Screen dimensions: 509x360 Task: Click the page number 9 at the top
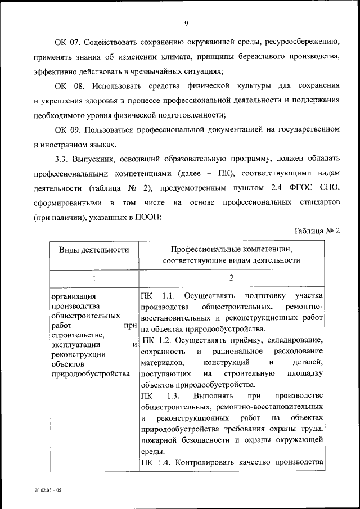(x=186, y=23)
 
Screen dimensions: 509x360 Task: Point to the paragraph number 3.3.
(x=61, y=159)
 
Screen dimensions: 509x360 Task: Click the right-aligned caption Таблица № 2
(x=317, y=231)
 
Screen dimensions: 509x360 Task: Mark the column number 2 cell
(x=231, y=278)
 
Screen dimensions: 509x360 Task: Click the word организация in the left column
(x=74, y=296)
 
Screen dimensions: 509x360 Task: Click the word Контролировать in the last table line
(x=201, y=462)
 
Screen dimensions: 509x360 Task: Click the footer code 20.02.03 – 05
(x=47, y=490)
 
